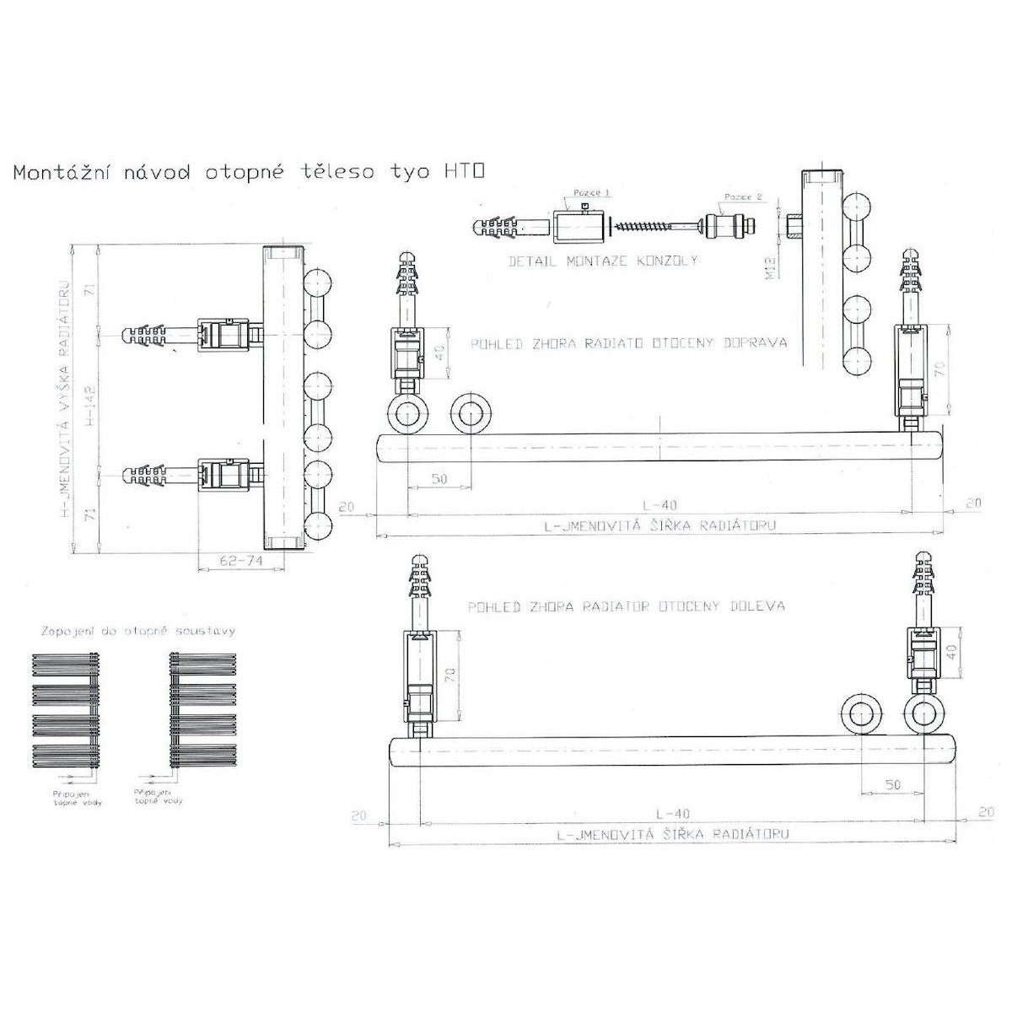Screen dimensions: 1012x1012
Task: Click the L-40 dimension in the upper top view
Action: [659, 504]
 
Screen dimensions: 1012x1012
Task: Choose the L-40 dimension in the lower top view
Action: [672, 813]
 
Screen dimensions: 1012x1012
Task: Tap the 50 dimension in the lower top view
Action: [892, 784]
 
